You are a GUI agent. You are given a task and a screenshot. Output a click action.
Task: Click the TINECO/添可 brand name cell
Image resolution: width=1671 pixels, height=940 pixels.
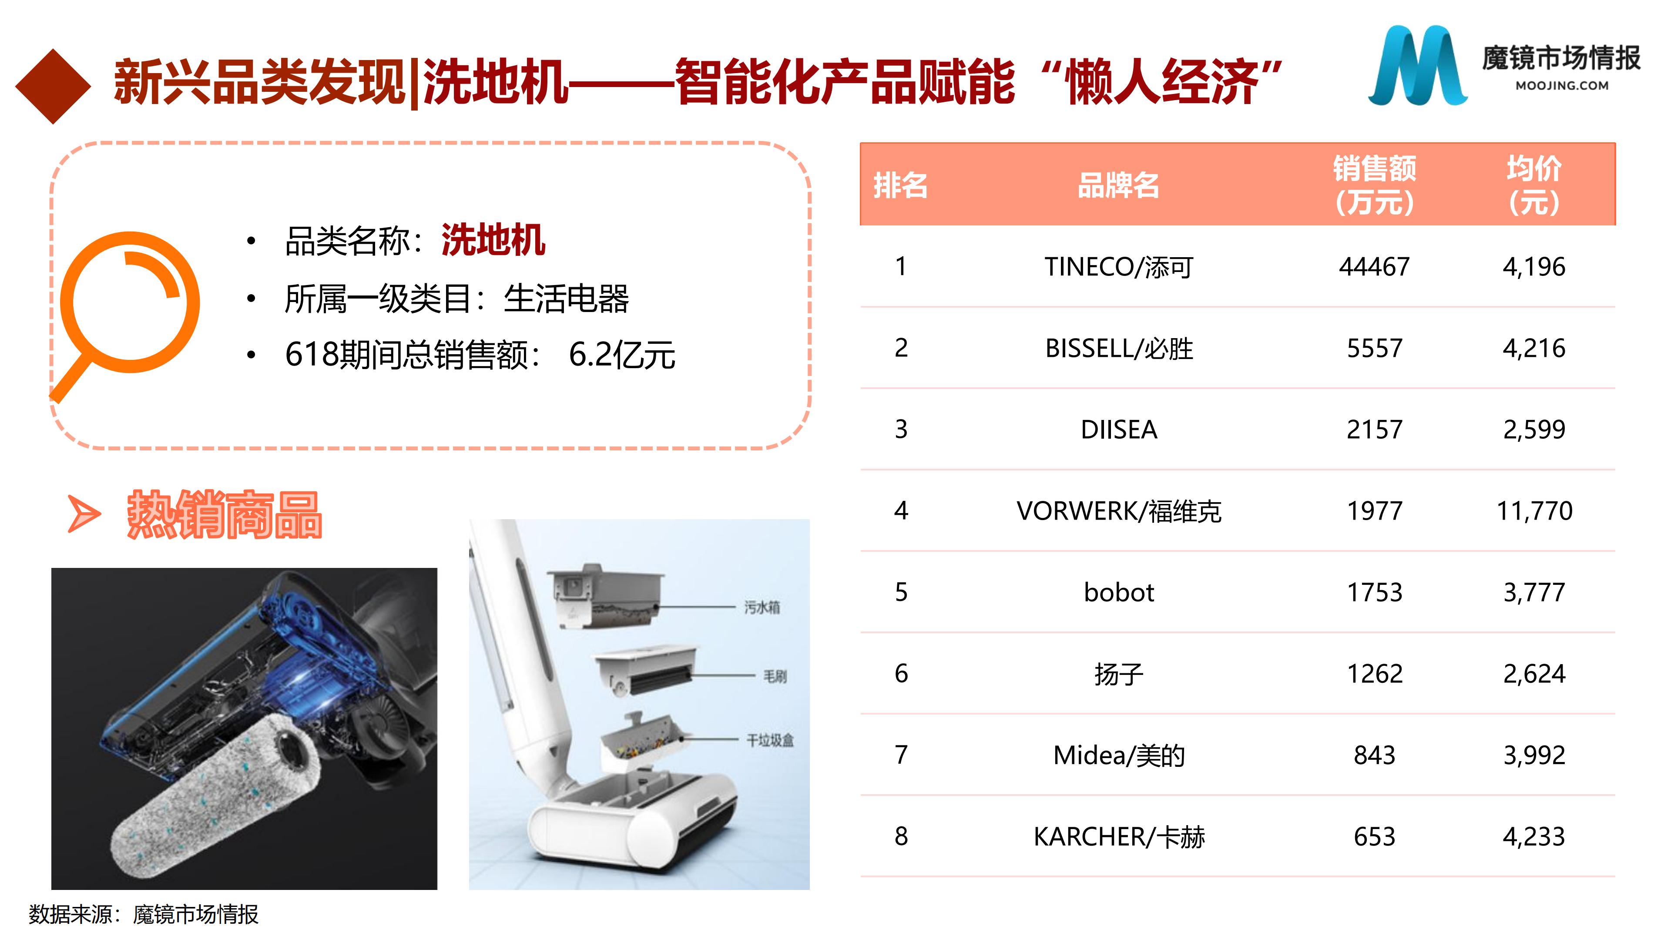pyautogui.click(x=1118, y=267)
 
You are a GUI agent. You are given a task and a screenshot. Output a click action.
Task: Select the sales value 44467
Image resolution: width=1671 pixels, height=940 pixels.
pyautogui.click(x=1374, y=267)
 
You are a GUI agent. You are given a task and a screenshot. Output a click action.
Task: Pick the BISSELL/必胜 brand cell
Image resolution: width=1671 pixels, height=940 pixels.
pyautogui.click(x=1118, y=348)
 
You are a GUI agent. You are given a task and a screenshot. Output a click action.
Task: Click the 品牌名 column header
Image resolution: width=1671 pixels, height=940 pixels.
pyautogui.click(x=1118, y=185)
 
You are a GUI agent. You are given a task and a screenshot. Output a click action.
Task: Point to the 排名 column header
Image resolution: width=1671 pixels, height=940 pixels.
pyautogui.click(x=900, y=185)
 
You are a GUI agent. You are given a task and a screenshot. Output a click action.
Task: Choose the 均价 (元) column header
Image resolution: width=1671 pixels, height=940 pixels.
pyautogui.click(x=1534, y=185)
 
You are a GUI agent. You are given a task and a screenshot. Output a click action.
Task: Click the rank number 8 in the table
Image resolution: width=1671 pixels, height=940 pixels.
pyautogui.click(x=901, y=836)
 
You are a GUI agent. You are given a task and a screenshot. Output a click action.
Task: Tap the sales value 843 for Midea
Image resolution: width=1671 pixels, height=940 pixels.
pyautogui.click(x=1374, y=755)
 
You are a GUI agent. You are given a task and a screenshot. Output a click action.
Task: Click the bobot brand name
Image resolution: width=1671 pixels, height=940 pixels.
pyautogui.click(x=1118, y=592)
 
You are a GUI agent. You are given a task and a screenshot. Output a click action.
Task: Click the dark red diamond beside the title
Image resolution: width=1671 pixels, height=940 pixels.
pyautogui.click(x=53, y=86)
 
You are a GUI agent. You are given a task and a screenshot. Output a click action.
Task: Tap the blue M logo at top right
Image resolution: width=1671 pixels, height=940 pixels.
pyautogui.click(x=1417, y=65)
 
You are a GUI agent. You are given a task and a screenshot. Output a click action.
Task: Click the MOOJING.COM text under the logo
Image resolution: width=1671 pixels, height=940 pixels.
pyautogui.click(x=1562, y=86)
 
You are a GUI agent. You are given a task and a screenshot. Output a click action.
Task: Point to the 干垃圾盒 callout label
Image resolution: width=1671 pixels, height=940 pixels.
pyautogui.click(x=770, y=740)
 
